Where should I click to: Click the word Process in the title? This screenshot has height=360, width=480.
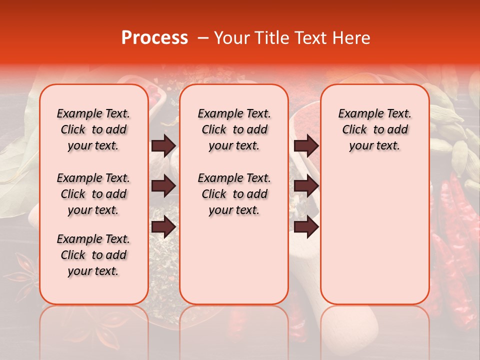(154, 38)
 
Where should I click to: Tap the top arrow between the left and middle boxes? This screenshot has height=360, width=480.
(163, 145)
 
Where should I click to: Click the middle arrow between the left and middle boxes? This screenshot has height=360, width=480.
(163, 186)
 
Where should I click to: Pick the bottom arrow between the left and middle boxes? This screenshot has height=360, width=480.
(163, 226)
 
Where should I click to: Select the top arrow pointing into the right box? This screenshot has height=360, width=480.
(306, 145)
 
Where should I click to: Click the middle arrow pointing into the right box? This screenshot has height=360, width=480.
(306, 186)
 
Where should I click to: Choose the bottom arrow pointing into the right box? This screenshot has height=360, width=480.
(306, 226)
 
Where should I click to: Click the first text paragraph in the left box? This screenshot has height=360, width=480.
(93, 129)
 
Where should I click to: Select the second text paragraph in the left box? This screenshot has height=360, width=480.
(93, 194)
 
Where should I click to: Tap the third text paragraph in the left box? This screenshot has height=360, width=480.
(93, 255)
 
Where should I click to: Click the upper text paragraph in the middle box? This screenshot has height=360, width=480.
(234, 129)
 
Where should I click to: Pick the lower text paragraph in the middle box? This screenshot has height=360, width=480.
(234, 194)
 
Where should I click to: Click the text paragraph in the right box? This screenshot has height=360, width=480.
(375, 129)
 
